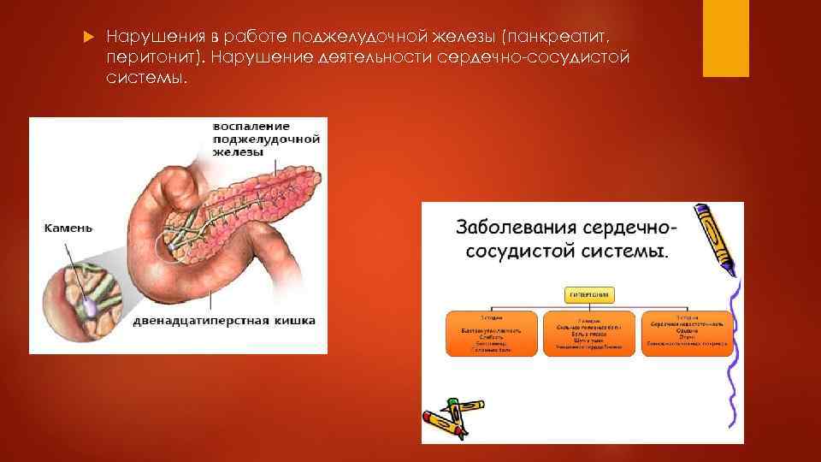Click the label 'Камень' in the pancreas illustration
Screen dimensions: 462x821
click(x=68, y=228)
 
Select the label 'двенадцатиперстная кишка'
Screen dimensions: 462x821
click(x=224, y=321)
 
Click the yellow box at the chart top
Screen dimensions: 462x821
click(x=589, y=295)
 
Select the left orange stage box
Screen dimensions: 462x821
click(x=492, y=333)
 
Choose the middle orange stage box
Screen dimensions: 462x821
click(x=589, y=333)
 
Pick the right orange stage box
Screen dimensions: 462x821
click(x=687, y=333)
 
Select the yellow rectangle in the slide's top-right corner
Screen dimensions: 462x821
click(x=725, y=38)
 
